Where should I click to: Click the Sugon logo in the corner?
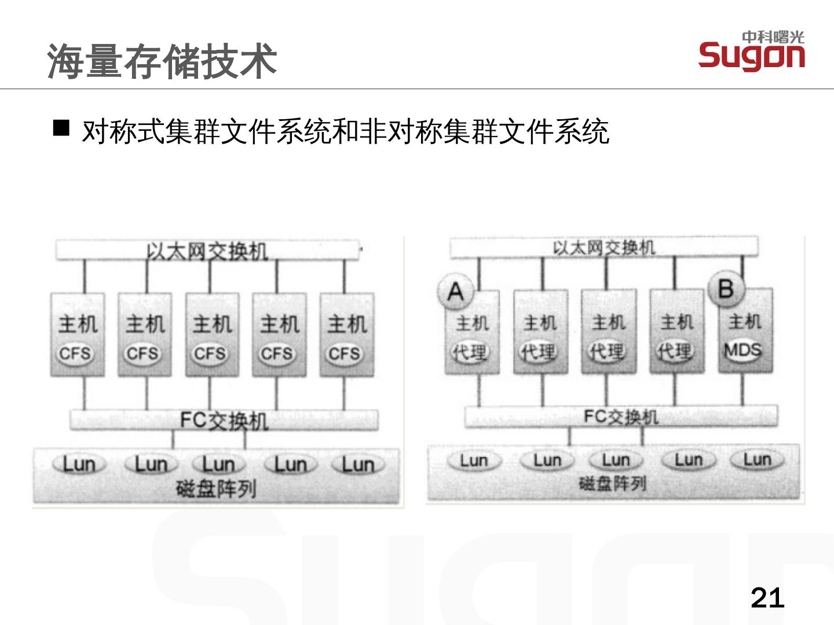(751, 51)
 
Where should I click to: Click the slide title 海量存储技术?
(162, 61)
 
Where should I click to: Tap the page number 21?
(767, 597)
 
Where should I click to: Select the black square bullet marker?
(61, 128)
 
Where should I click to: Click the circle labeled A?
(456, 291)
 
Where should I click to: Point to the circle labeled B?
(726, 288)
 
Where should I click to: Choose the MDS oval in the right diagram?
(743, 350)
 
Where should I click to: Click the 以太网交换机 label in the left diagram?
(207, 252)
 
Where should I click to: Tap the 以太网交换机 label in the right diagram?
(603, 248)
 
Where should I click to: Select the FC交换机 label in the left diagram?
(224, 421)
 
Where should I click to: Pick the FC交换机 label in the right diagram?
(620, 417)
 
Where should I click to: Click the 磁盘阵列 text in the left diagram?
(215, 490)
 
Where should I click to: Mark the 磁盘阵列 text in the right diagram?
(612, 483)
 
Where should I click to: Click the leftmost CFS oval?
(75, 353)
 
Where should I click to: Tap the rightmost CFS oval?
(345, 353)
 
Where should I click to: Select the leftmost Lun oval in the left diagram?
(79, 464)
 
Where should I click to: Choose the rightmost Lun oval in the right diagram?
(757, 460)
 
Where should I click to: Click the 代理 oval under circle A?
(470, 351)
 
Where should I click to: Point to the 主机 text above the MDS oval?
(745, 322)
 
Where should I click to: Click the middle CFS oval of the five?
(210, 353)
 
